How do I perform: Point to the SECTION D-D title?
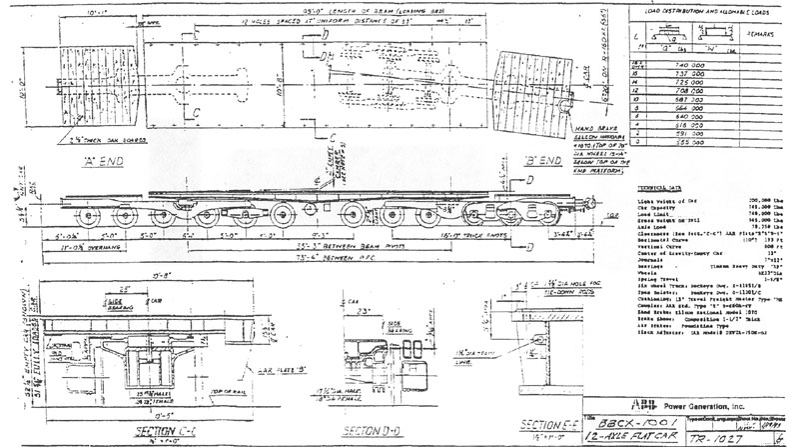(x=370, y=431)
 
